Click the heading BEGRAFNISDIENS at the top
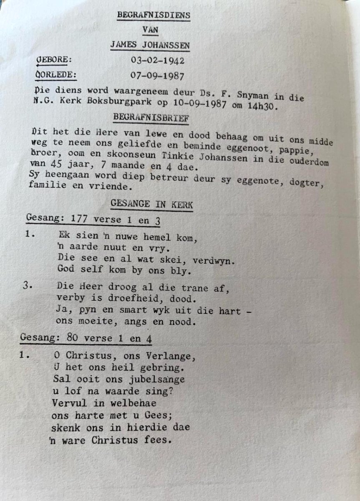tap(154, 15)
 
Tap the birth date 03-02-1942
tap(157, 61)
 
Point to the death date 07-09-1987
tap(157, 76)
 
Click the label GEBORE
tap(54, 59)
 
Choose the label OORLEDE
tap(55, 75)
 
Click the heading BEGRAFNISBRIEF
tap(151, 118)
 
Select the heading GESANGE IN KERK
tap(151, 204)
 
